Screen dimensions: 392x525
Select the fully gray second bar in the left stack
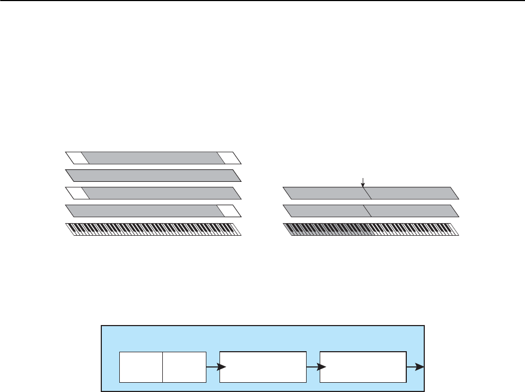click(152, 175)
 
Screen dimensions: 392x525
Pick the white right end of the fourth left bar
click(229, 211)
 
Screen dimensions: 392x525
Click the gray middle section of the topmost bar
click(152, 158)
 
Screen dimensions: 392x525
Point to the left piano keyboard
click(152, 229)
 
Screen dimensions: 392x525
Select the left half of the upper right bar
click(325, 193)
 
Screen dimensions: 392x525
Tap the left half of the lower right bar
click(325, 211)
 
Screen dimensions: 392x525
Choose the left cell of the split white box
click(141, 367)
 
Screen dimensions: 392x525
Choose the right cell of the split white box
click(184, 367)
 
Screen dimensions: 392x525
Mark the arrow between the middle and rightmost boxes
click(313, 367)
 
